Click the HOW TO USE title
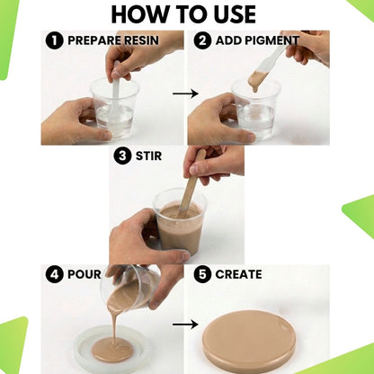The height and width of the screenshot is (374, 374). (183, 14)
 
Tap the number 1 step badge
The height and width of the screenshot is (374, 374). (54, 40)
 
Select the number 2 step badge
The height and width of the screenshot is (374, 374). (202, 40)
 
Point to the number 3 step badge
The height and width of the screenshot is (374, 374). (122, 156)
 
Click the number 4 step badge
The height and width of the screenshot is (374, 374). (54, 274)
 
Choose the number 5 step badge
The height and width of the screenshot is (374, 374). (202, 274)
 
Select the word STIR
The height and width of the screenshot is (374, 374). (148, 156)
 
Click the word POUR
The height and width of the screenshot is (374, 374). (85, 274)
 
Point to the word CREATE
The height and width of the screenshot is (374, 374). (238, 274)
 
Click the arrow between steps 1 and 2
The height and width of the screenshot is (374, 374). (185, 93)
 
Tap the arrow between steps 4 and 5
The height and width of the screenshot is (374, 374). (185, 325)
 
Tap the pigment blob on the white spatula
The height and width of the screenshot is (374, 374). (257, 80)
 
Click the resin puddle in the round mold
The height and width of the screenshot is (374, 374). (112, 349)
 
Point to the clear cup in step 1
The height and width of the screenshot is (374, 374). (115, 109)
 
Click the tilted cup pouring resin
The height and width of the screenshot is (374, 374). (129, 289)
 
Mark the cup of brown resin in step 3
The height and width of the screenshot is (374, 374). (180, 223)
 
